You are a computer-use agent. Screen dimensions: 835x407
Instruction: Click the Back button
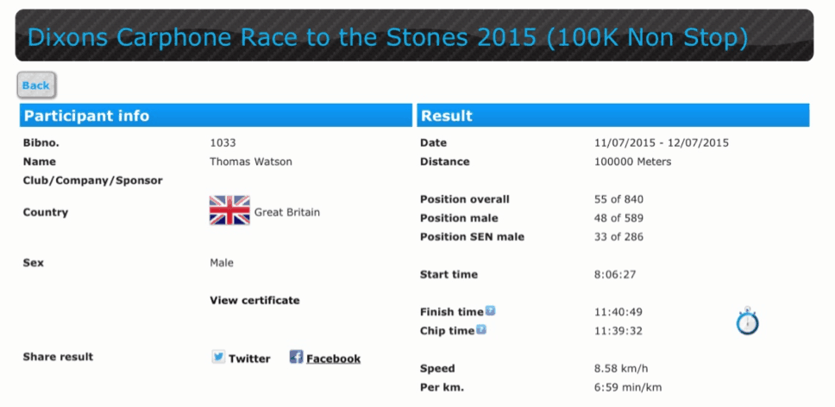[x=36, y=86]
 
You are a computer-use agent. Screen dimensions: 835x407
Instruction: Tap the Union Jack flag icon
[x=229, y=210]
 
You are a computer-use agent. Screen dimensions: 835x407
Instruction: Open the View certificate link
[x=254, y=301]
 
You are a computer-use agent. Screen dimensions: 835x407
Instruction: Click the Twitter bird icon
[x=218, y=357]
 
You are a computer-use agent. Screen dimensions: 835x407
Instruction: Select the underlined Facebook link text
[x=333, y=359]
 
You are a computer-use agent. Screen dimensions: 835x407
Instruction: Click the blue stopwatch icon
[x=748, y=321]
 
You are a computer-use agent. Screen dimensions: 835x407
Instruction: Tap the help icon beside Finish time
[x=490, y=311]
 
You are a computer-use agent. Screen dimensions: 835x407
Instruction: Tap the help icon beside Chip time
[x=480, y=329]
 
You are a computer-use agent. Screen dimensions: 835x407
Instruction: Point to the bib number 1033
[x=223, y=143]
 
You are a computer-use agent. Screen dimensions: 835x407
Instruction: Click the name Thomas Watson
[x=251, y=162]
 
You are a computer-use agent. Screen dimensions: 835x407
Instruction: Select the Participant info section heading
[x=87, y=116]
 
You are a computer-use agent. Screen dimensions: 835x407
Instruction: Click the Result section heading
[x=446, y=116]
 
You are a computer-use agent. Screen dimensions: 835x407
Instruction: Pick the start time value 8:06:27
[x=615, y=275]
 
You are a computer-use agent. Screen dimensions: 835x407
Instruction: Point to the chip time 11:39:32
[x=618, y=331]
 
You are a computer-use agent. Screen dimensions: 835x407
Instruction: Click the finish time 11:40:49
[x=618, y=312]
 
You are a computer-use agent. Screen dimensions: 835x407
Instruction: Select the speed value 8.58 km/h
[x=621, y=369]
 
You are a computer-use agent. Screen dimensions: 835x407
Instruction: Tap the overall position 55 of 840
[x=618, y=200]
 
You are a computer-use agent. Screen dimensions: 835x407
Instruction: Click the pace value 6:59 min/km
[x=628, y=388]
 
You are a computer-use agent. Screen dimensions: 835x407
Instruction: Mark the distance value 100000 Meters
[x=632, y=162]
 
